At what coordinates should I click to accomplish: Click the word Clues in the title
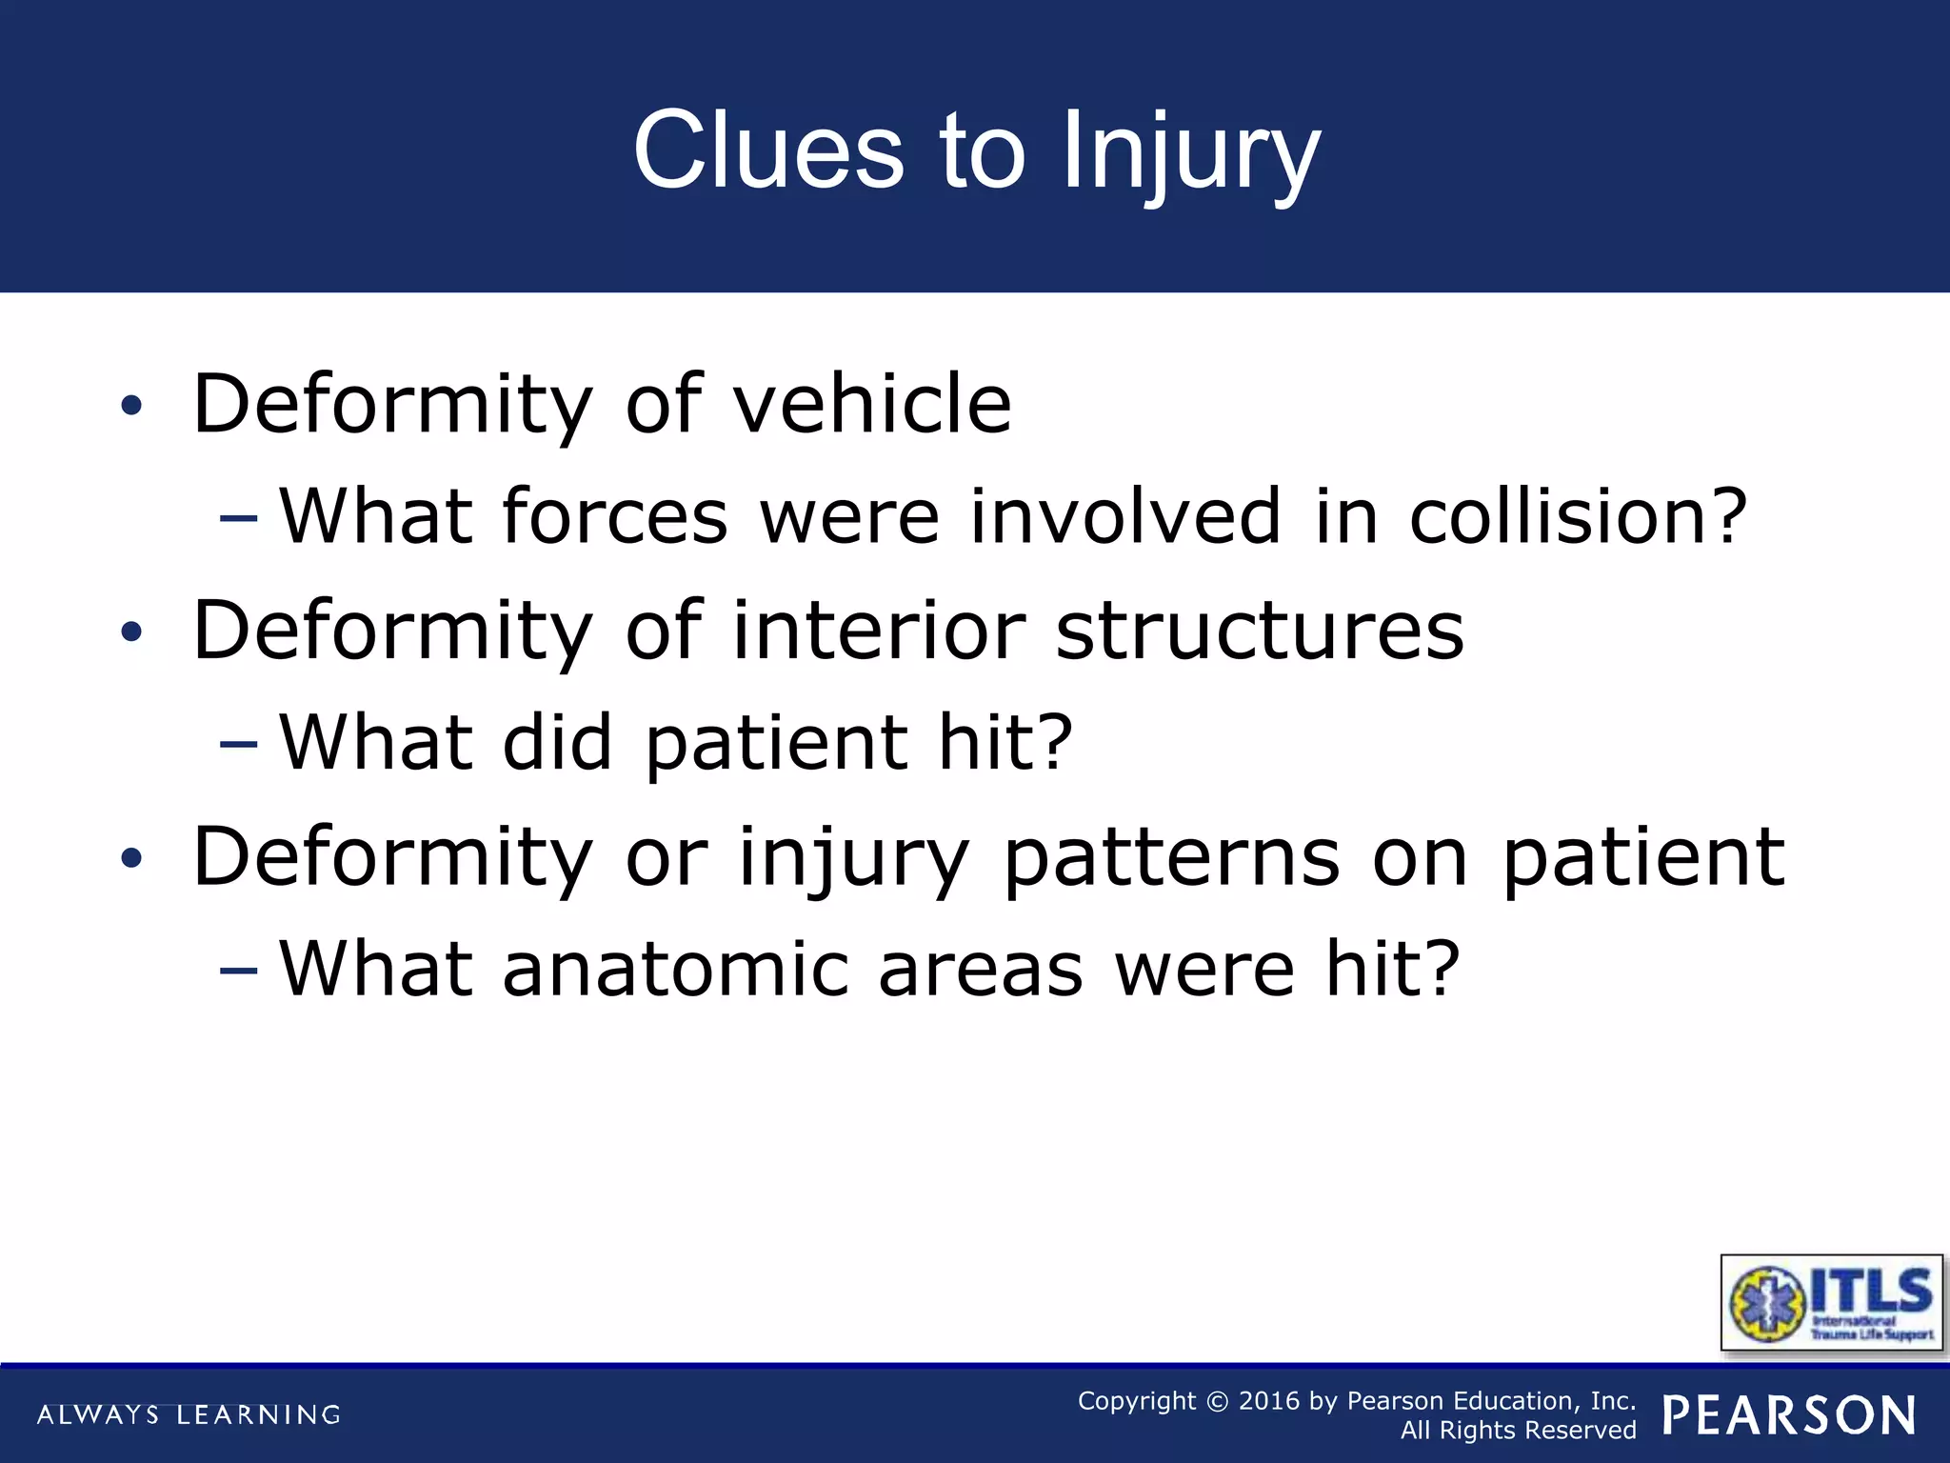coord(767,150)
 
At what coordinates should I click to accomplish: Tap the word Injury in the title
coord(1190,152)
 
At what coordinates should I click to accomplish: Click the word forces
coord(615,516)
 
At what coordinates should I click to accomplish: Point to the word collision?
coord(1578,516)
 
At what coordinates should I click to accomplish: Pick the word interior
coord(879,631)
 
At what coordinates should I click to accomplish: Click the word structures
coord(1260,631)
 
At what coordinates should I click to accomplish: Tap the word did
coord(557,742)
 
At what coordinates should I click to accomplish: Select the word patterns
coord(1172,856)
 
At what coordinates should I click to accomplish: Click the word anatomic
coord(675,969)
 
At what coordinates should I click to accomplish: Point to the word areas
coord(980,969)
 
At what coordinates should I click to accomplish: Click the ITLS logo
coord(1831,1302)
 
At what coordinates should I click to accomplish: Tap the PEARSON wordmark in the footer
coord(1789,1414)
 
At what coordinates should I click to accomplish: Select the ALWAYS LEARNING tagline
coord(189,1414)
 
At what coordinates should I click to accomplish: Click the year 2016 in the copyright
coord(1268,1401)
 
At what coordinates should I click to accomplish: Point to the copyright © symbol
coord(1217,1401)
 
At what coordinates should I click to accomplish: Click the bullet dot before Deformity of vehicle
coord(131,407)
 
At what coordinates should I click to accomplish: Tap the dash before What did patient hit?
coord(238,744)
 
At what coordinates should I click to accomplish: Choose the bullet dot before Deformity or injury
coord(131,859)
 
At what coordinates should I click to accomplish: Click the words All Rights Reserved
coord(1518,1431)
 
